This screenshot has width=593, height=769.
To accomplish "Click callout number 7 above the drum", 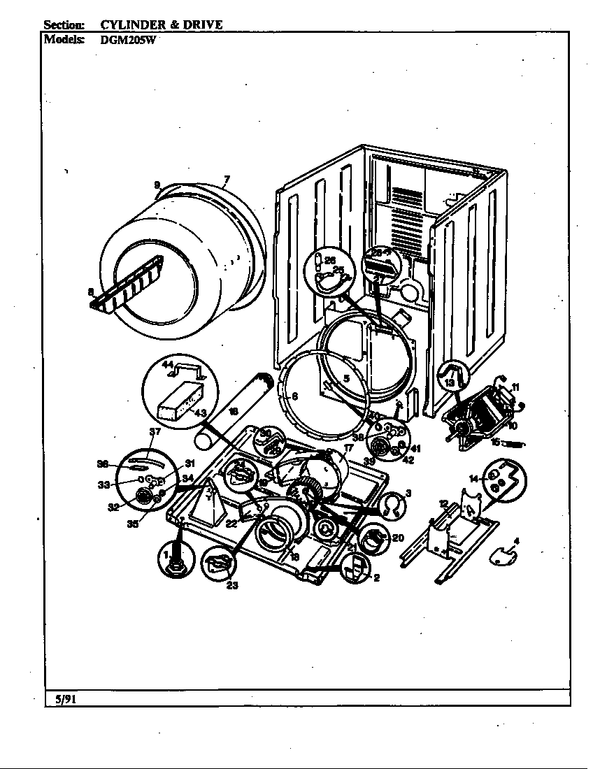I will click(227, 180).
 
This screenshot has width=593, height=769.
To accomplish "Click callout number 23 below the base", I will click(232, 586).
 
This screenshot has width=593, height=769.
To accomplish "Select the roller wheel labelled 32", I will click(144, 496).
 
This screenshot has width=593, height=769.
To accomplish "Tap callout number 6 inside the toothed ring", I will click(294, 396).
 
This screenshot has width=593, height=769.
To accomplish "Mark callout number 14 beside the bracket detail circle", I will click(473, 479).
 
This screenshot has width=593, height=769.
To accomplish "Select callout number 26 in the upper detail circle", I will click(331, 260).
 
